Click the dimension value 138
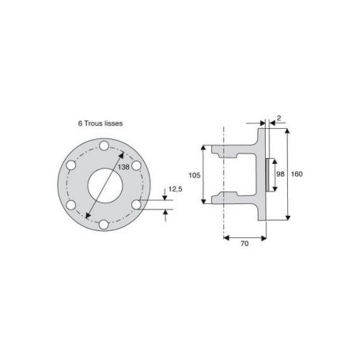123,167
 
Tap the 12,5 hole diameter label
176,189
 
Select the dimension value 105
195,175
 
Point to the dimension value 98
280,174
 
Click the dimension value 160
297,174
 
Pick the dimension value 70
244,244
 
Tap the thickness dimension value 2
279,118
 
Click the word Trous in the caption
93,123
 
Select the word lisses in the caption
112,123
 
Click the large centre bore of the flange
105,185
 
